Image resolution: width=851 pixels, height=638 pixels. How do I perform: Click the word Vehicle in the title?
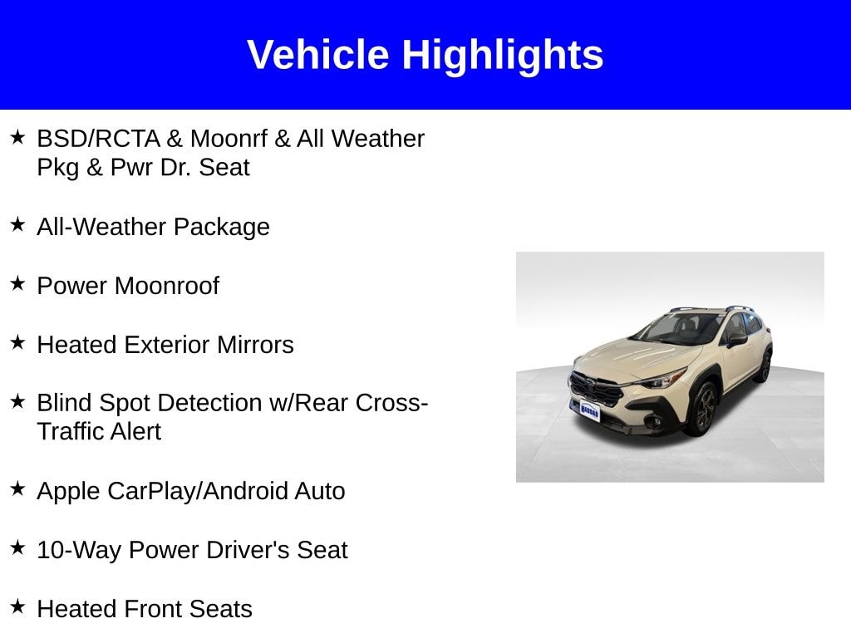(318, 55)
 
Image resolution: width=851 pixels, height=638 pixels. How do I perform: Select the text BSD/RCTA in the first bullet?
(98, 139)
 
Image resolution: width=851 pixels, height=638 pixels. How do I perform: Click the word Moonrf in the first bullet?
(229, 139)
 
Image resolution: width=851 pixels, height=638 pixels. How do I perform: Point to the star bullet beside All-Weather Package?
(17, 224)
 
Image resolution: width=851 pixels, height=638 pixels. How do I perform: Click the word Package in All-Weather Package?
(221, 228)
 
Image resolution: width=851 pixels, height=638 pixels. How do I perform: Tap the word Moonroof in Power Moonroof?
(166, 286)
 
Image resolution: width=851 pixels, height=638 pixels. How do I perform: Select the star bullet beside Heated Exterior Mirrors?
(17, 342)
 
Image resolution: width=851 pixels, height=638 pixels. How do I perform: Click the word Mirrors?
(255, 345)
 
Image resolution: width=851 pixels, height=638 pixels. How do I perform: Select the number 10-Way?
(79, 551)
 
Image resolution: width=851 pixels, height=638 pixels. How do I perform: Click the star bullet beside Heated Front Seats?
(17, 606)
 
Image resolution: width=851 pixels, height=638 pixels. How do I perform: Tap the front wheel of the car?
(703, 408)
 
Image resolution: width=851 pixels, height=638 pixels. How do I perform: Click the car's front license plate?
(589, 410)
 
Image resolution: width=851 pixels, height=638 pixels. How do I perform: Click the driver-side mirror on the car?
(737, 340)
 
